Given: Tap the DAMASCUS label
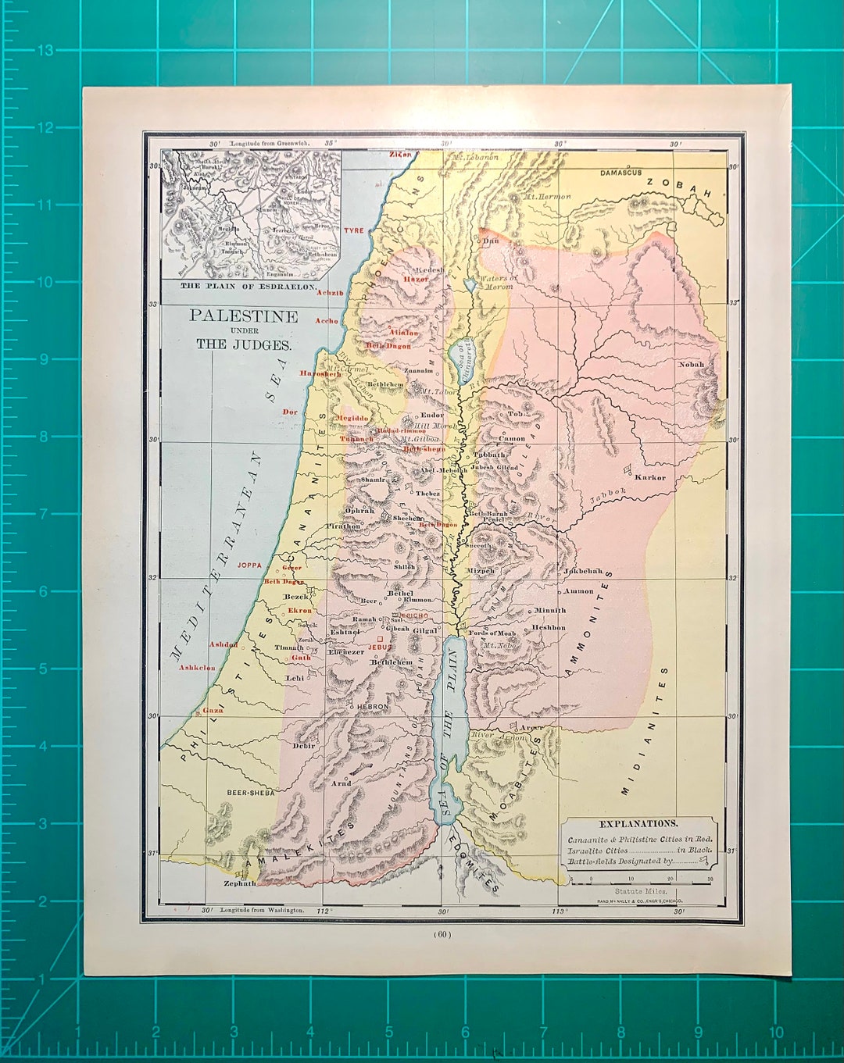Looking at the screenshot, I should pyautogui.click(x=621, y=173).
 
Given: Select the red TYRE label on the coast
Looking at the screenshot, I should pyautogui.click(x=354, y=231).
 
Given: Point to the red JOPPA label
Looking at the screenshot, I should pyautogui.click(x=249, y=565).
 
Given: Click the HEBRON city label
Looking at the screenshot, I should pyautogui.click(x=373, y=707).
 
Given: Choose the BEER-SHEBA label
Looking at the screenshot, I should pyautogui.click(x=251, y=792).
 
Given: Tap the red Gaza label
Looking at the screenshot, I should pyautogui.click(x=213, y=711).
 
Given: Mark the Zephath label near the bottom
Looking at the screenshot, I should pyautogui.click(x=240, y=883).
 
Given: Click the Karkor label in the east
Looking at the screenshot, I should pyautogui.click(x=650, y=477).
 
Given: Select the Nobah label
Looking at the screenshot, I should pyautogui.click(x=691, y=364).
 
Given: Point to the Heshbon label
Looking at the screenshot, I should pyautogui.click(x=549, y=627).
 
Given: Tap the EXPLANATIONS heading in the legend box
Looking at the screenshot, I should pyautogui.click(x=638, y=823).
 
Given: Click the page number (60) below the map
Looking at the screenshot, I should pyautogui.click(x=441, y=934).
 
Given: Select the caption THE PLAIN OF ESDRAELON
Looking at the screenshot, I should pyautogui.click(x=249, y=287).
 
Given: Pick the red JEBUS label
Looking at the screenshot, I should pyautogui.click(x=380, y=647).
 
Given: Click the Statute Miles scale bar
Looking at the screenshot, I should pyautogui.click(x=641, y=879).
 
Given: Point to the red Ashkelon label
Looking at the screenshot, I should pyautogui.click(x=197, y=668).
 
